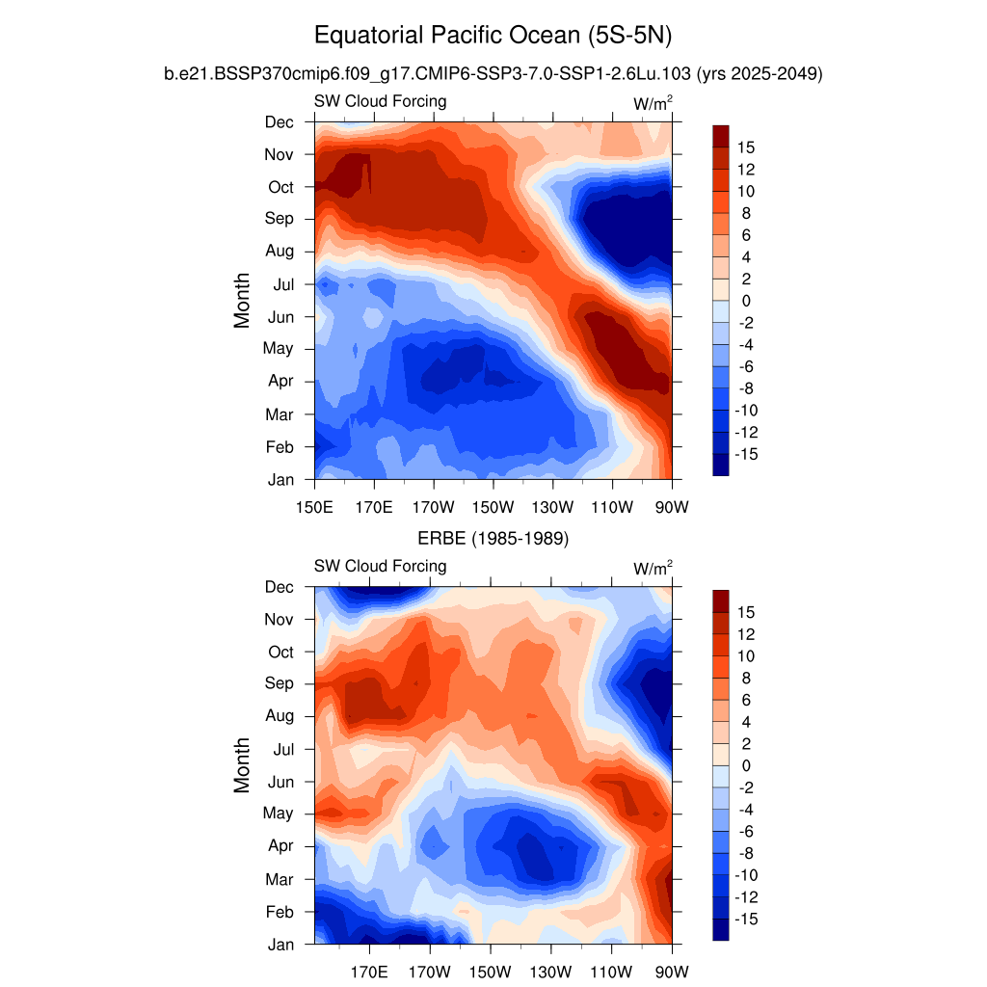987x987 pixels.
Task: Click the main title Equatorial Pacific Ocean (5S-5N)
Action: (493, 37)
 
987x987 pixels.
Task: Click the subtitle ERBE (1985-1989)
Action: (493, 539)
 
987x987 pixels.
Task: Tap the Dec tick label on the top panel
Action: (280, 121)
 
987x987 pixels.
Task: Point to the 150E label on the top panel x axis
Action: (314, 507)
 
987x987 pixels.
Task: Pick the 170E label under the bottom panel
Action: (373, 972)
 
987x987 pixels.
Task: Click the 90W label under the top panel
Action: (671, 507)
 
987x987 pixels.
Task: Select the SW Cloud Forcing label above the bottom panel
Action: (380, 566)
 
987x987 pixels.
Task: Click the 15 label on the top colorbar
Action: (746, 147)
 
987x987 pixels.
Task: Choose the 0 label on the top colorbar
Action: (745, 301)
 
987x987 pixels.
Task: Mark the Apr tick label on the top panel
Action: (280, 381)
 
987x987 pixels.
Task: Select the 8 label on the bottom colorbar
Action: (745, 678)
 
